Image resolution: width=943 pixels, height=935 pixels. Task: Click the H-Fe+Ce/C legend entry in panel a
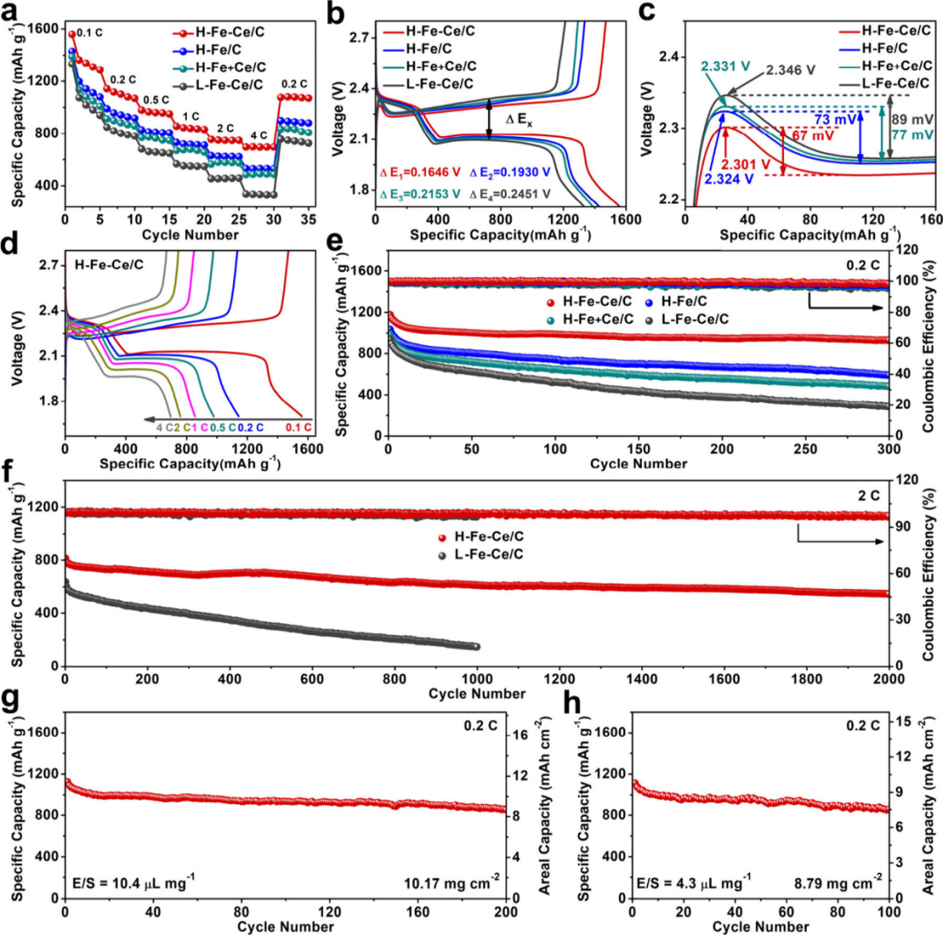pyautogui.click(x=220, y=67)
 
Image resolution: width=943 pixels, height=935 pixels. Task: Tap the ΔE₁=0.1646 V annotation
pyautogui.click(x=420, y=173)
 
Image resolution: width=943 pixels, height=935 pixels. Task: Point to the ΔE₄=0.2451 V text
pyautogui.click(x=510, y=194)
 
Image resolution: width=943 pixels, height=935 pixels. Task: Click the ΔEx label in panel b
pyautogui.click(x=519, y=119)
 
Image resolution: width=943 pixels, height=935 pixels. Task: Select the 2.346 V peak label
pyautogui.click(x=790, y=70)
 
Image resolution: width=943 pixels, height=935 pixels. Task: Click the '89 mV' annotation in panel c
pyautogui.click(x=912, y=120)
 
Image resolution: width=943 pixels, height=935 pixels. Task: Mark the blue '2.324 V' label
pyautogui.click(x=729, y=179)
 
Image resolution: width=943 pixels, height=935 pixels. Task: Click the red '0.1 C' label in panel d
pyautogui.click(x=299, y=427)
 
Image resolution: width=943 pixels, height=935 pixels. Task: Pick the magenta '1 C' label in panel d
pyautogui.click(x=199, y=427)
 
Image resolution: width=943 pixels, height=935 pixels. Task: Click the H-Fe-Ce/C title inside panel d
pyautogui.click(x=109, y=264)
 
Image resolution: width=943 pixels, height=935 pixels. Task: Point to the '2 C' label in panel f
pyautogui.click(x=869, y=495)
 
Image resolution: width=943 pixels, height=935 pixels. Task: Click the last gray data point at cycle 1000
pyautogui.click(x=477, y=647)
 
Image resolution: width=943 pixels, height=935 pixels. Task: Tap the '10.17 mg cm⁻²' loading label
pyautogui.click(x=451, y=882)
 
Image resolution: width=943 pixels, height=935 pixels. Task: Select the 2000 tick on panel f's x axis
pyautogui.click(x=888, y=679)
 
